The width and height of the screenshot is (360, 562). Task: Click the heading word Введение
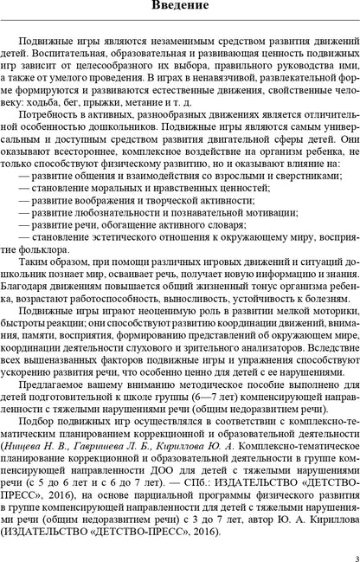pos(180,10)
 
